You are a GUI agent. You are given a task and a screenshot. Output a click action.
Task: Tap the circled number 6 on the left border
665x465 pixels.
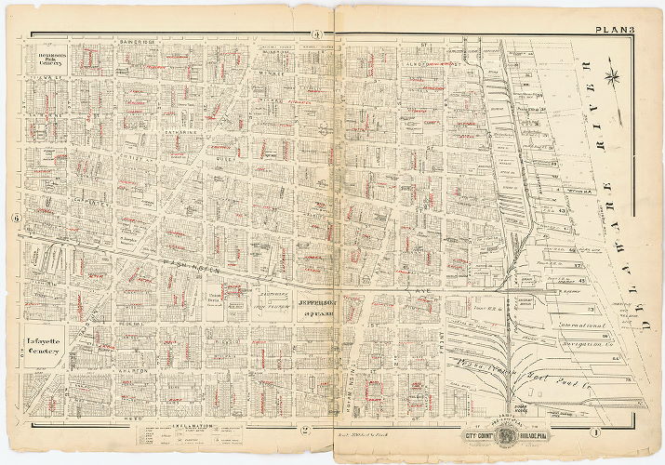pos(17,219)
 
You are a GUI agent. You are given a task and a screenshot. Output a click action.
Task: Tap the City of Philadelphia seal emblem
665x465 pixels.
pos(507,432)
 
